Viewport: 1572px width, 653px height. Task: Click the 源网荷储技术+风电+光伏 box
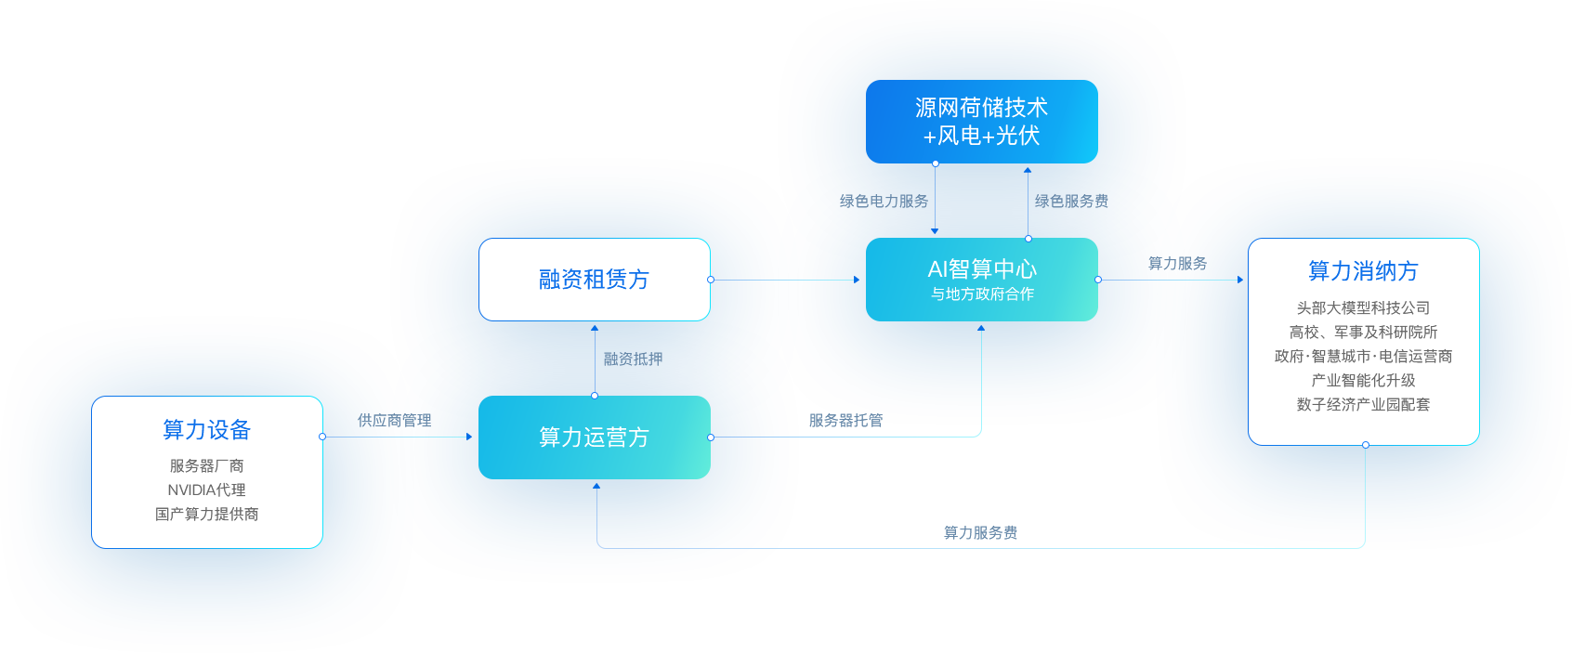pos(981,122)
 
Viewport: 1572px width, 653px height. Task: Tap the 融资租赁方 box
pos(594,280)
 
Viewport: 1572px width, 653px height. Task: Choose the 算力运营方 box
pos(594,438)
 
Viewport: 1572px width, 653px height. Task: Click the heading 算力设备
pos(207,430)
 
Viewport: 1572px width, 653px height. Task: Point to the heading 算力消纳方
pos(1363,271)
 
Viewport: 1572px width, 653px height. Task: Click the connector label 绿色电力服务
pos(884,202)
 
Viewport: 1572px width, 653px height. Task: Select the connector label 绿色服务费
pos(1071,202)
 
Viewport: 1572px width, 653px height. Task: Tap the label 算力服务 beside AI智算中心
pos(1177,264)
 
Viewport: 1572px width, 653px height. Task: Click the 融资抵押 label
pos(633,359)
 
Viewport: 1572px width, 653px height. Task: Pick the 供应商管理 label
pos(394,421)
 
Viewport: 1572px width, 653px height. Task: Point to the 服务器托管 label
pos(845,421)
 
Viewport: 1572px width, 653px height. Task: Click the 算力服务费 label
pos(980,532)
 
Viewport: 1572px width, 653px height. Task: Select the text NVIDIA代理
pos(206,490)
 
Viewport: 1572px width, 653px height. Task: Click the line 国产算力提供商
pos(206,514)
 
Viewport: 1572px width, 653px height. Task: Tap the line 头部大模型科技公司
pos(1363,307)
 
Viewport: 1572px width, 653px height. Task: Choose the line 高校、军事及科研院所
pos(1363,332)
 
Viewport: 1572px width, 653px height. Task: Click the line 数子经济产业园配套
pos(1363,404)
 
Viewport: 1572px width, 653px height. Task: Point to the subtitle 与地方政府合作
pos(982,294)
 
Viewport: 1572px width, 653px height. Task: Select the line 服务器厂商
pos(206,465)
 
